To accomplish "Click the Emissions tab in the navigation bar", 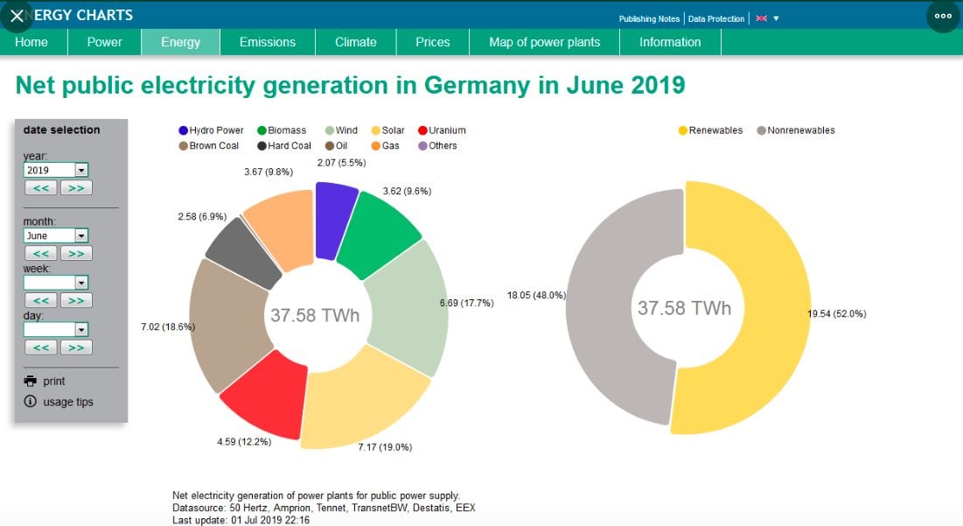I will click(267, 42).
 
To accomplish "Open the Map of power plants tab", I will click(544, 42).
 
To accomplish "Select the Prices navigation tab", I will click(432, 42).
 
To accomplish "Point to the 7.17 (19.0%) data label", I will click(385, 447).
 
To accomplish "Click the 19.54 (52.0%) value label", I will click(836, 313).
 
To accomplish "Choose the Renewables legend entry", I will click(710, 130).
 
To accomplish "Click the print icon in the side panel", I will click(31, 382).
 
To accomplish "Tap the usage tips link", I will click(67, 403).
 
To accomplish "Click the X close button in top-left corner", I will click(17, 16).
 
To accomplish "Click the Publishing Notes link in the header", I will click(649, 18).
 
